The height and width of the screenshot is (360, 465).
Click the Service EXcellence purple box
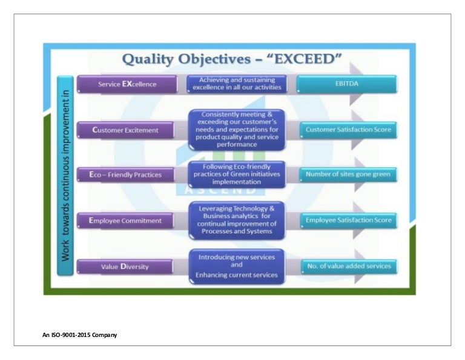(127, 84)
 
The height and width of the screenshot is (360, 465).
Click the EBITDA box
(348, 84)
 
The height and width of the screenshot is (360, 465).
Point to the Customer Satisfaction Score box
(348, 129)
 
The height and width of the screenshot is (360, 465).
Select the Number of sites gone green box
(348, 175)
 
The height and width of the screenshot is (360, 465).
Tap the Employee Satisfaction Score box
(348, 220)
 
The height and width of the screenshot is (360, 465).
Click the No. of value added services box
(348, 265)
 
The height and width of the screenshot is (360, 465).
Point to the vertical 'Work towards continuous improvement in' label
(66, 176)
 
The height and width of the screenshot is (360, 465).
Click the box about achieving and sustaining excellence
(237, 84)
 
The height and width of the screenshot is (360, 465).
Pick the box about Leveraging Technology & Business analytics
(237, 221)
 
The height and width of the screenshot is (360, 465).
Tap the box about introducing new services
(237, 266)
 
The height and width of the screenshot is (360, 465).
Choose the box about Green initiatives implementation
(237, 174)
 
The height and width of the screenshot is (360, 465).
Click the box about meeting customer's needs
(237, 129)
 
